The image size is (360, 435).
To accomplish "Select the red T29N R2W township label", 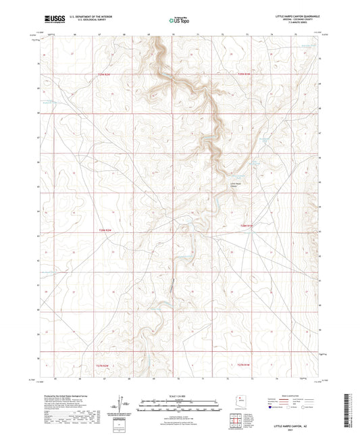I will [103, 74].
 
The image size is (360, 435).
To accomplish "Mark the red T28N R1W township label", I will [246, 226].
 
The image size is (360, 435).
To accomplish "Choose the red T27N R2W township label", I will [103, 365].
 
